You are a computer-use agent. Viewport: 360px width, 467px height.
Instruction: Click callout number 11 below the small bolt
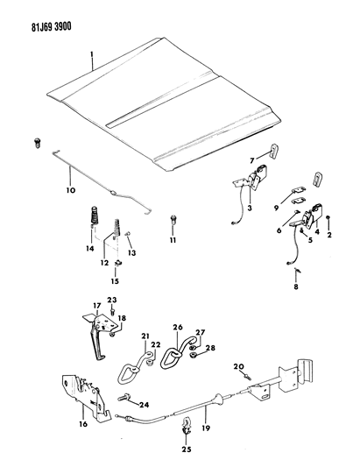[173, 239]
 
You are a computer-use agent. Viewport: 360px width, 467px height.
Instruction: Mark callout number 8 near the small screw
[295, 286]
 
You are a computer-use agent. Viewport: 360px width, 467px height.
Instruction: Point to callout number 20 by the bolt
[239, 365]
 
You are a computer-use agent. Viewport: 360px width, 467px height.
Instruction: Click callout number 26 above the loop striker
[178, 329]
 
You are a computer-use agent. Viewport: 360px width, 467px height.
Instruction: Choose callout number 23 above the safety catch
[112, 301]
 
